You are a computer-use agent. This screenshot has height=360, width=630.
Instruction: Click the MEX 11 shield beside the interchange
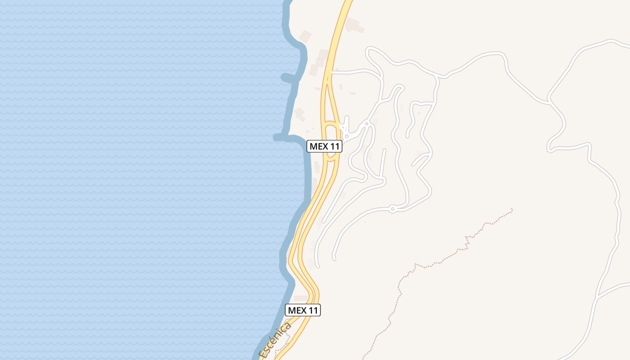(324, 146)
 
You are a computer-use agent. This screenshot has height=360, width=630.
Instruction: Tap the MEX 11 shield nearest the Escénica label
(303, 310)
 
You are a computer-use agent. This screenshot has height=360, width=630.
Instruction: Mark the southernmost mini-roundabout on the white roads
(392, 208)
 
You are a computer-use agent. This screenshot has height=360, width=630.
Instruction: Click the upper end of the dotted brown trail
(512, 209)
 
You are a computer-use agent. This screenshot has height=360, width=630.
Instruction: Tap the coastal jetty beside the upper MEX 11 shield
(281, 137)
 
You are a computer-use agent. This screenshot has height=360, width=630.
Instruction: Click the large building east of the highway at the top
(354, 26)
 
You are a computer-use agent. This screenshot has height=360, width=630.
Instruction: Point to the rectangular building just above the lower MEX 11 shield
(301, 298)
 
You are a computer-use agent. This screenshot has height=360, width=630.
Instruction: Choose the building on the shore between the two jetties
(300, 113)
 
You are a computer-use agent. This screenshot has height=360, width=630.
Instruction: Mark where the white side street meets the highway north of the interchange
(332, 71)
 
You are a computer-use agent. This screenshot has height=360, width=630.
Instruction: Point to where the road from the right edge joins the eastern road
(597, 297)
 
